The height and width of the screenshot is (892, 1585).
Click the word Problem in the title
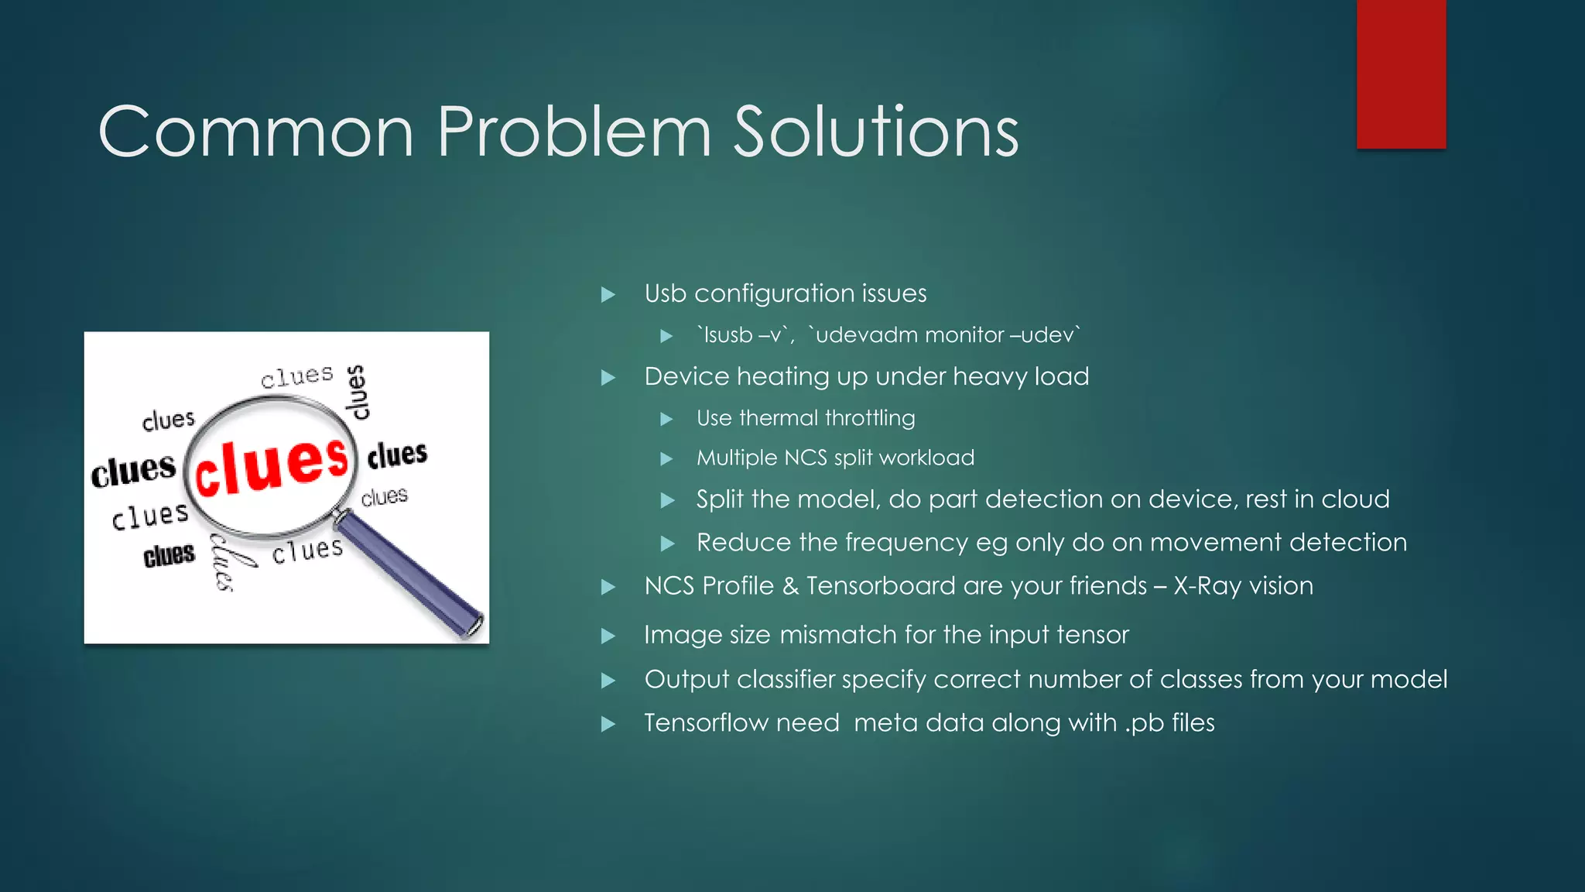(x=573, y=133)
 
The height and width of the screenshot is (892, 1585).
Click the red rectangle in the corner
(x=1401, y=74)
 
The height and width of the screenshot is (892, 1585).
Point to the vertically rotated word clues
(x=357, y=392)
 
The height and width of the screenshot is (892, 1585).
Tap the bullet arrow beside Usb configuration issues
(x=608, y=294)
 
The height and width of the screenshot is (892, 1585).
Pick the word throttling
(x=870, y=418)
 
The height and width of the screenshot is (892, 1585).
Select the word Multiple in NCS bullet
(x=737, y=458)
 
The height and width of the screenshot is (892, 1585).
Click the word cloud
(x=1355, y=499)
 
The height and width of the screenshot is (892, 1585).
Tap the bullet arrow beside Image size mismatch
(x=608, y=636)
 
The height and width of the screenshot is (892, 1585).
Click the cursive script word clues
(x=229, y=561)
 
